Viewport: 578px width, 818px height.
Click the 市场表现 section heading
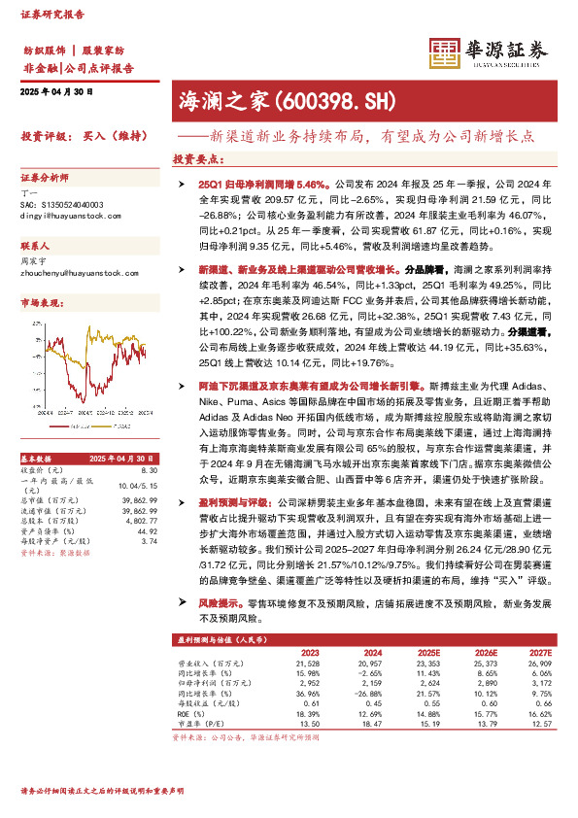click(41, 304)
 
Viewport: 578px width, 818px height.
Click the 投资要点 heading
click(193, 158)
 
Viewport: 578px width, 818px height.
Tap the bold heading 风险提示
click(218, 602)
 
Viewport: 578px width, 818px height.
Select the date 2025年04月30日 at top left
click(55, 91)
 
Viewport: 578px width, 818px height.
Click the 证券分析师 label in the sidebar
click(45, 179)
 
